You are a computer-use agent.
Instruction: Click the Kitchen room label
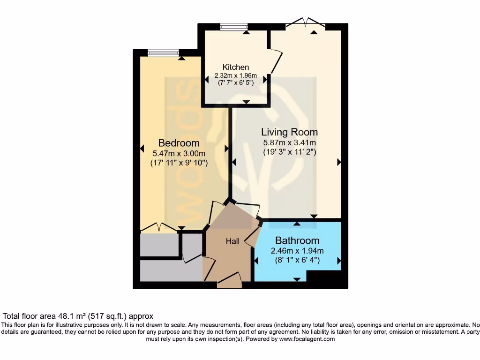235,67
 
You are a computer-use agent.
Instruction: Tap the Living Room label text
289,132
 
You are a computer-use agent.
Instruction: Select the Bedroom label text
179,143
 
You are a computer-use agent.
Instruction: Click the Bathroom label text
297,241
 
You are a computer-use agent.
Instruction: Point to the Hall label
232,241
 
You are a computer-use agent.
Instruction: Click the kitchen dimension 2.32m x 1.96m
235,75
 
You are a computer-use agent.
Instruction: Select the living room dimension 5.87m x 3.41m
289,142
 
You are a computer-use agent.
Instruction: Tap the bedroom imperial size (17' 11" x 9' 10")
179,163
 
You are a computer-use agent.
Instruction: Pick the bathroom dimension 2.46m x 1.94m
297,251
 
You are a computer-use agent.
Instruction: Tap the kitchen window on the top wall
234,27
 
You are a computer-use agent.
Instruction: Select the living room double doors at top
305,22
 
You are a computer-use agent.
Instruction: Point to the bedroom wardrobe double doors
159,228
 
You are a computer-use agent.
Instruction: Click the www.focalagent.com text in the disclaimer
307,339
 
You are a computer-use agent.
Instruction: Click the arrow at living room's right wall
338,162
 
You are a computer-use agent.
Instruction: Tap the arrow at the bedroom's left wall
142,149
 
